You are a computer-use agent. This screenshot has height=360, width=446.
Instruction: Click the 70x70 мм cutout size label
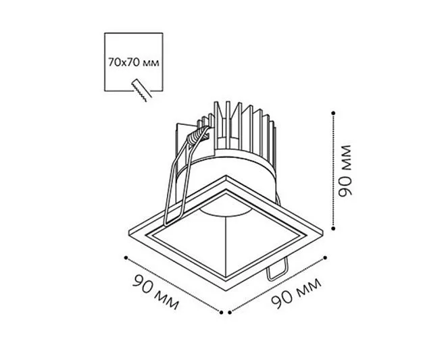[133, 62]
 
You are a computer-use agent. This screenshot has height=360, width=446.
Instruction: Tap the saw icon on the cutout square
[141, 90]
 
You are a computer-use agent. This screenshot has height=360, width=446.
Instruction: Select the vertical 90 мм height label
[345, 171]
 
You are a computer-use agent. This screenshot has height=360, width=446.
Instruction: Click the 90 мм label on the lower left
[155, 292]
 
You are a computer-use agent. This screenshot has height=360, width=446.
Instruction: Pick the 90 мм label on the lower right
[296, 293]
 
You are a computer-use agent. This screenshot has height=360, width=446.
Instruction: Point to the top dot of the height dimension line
[333, 113]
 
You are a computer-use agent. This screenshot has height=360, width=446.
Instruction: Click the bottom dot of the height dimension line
[333, 228]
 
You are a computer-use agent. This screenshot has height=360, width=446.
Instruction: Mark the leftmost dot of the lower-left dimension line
[126, 257]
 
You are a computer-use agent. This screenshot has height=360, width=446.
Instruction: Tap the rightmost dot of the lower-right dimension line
[325, 257]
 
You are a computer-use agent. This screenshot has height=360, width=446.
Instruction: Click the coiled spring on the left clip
[197, 135]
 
